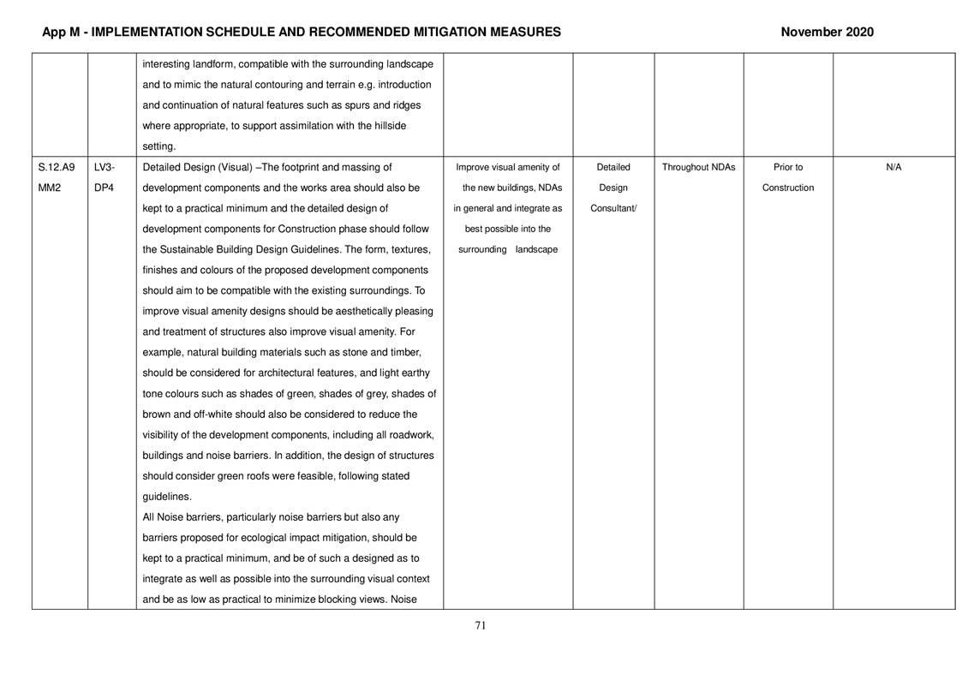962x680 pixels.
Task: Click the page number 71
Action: [481, 626]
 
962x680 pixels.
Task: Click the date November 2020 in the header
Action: [827, 33]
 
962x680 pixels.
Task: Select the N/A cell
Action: [893, 168]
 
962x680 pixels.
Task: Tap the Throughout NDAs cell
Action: [698, 168]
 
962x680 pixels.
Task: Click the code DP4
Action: [103, 188]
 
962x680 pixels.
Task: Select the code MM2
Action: [50, 188]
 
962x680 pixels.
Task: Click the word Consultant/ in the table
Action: [613, 209]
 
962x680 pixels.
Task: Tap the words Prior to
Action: [787, 168]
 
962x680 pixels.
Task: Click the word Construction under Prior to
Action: [787, 188]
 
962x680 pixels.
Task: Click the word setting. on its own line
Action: [158, 147]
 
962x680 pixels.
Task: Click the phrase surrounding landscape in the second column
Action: [508, 250]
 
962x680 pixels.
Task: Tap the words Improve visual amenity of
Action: [508, 168]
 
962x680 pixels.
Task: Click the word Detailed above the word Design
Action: [613, 168]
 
